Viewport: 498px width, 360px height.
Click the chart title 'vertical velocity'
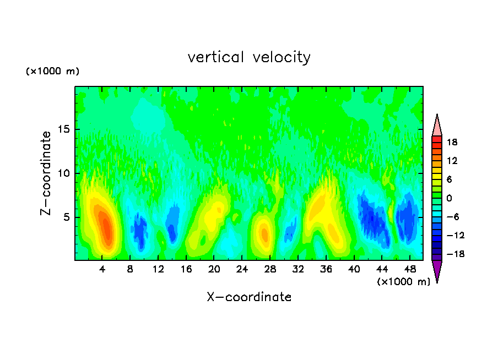[249, 57]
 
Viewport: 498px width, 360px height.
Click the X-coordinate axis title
[249, 297]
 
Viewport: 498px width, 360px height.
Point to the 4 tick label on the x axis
[102, 269]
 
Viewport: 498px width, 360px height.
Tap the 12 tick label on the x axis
[158, 269]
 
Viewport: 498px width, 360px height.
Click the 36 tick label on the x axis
[326, 269]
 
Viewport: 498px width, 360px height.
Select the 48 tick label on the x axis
[409, 269]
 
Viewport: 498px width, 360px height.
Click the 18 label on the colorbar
[452, 142]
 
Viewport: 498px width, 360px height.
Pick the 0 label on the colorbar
[448, 198]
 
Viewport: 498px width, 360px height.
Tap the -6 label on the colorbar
[452, 217]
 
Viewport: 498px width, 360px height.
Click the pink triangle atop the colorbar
[437, 126]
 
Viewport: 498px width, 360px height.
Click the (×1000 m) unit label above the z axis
[53, 72]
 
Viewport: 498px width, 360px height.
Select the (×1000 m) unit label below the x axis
[403, 282]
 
